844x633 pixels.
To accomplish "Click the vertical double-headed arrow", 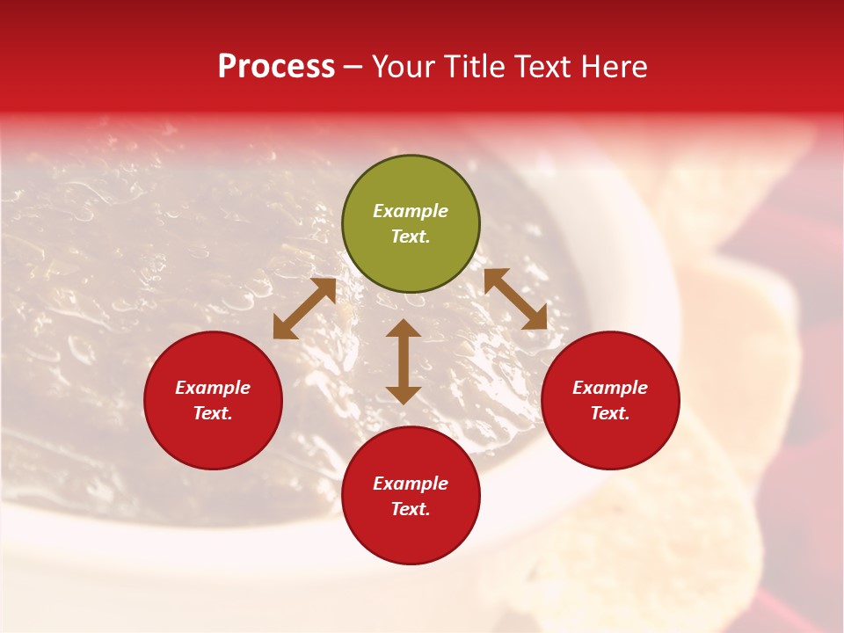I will pos(404,361).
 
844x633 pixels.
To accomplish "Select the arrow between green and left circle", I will pos(304,309).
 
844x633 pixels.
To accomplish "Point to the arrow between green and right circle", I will pos(515,299).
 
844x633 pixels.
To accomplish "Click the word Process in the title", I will pos(276,67).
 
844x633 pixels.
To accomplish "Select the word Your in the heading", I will pos(404,67).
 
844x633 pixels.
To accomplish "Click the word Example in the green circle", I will pos(411,211).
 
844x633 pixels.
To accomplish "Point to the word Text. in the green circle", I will pos(411,236).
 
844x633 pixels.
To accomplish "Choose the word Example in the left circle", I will pos(213,388).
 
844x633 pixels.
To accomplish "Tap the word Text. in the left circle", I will pos(213,413).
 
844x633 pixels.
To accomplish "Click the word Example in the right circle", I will pos(610,388).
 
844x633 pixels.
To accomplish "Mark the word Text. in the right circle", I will pos(610,413).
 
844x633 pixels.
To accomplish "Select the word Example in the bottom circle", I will pos(411,484).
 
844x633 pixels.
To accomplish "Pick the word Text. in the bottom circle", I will pos(411,509).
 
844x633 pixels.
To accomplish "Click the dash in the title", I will pos(353,67).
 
